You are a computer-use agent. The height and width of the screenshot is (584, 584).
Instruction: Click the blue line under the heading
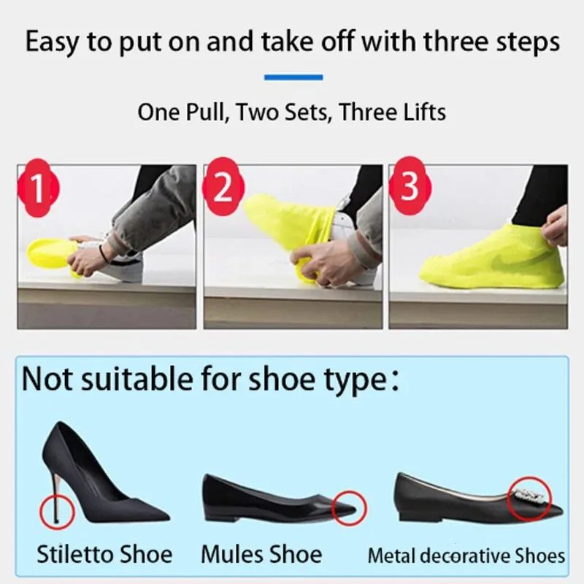[293, 77]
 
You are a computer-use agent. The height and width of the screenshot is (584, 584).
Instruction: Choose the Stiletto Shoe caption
[105, 553]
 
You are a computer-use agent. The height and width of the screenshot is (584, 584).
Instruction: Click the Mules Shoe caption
[261, 553]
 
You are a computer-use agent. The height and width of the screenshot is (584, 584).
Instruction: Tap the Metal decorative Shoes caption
[466, 556]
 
